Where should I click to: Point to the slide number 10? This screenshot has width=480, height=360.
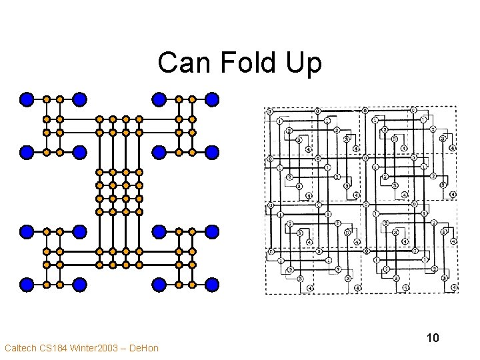point(433,338)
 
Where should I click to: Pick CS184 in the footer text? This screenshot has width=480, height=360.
point(55,348)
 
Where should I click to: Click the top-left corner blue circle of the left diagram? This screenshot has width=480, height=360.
point(27,99)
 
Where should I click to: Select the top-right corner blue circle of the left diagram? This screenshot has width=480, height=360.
point(212,99)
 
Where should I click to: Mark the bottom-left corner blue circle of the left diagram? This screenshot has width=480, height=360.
point(27,285)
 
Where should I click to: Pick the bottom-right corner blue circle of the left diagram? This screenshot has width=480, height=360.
point(212,285)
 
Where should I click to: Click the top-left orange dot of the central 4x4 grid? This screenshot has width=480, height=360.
point(99,172)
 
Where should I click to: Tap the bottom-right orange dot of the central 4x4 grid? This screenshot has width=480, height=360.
point(139,211)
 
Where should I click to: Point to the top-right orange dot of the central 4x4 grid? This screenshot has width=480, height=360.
point(139,172)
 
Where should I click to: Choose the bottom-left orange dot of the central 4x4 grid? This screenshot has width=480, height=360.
point(99,211)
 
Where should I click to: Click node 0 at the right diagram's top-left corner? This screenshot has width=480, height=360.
point(269,111)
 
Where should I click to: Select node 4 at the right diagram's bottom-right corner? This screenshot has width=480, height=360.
point(455,288)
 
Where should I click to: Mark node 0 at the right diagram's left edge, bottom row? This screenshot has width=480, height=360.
point(270,251)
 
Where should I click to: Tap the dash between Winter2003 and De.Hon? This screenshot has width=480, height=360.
point(122,348)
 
